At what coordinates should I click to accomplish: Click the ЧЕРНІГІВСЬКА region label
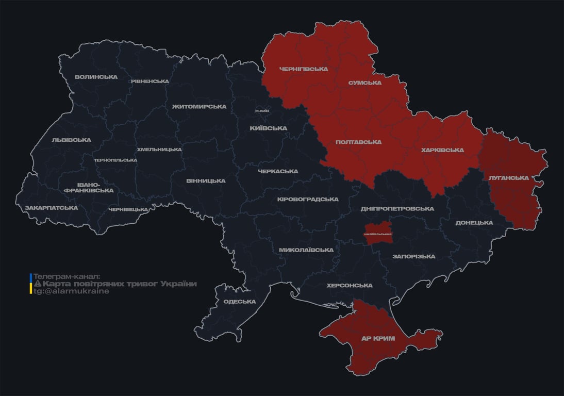(303, 69)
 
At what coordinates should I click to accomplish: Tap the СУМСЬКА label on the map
(364, 83)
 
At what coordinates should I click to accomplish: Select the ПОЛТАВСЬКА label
(358, 142)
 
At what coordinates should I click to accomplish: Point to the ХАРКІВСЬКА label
(442, 150)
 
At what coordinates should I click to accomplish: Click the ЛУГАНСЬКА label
(509, 178)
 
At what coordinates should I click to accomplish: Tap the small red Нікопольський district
(378, 234)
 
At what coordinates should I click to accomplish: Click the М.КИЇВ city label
(262, 111)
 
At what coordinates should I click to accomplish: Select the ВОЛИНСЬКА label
(96, 77)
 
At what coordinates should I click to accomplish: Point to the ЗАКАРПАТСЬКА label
(51, 208)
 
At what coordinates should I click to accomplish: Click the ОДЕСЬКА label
(240, 302)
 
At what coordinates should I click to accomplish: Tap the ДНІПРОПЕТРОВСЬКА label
(397, 209)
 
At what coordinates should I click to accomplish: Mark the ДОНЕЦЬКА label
(474, 223)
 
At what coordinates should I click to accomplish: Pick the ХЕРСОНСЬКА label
(350, 285)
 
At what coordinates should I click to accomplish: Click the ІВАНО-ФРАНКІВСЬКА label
(88, 187)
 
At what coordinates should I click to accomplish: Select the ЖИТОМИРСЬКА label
(199, 107)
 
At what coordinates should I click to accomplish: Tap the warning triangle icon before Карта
(37, 284)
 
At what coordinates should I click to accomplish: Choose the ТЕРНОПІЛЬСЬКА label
(115, 160)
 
